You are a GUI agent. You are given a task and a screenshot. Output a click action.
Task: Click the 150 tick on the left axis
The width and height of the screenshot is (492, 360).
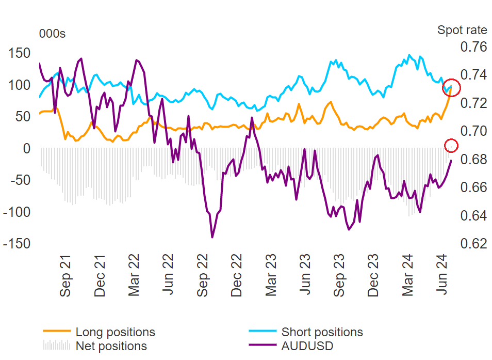pos(20,53)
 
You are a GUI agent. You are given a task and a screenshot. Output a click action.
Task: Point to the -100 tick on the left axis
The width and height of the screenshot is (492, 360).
pos(17,212)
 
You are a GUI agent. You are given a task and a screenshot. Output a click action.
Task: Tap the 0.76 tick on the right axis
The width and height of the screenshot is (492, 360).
pos(472,47)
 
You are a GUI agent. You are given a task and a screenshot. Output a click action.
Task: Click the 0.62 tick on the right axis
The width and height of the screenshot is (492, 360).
pos(472,243)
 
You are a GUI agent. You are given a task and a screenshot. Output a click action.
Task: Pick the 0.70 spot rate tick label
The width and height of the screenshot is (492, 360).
pos(472,131)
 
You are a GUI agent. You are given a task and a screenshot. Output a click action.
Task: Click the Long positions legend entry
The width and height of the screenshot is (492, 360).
pos(115,332)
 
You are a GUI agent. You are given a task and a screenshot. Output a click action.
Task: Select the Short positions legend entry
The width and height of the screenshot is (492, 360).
pos(322,332)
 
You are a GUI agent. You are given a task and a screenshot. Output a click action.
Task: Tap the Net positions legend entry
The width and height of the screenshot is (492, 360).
pos(111,346)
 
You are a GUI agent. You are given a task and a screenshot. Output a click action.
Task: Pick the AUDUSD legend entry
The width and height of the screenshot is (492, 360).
pos(307,346)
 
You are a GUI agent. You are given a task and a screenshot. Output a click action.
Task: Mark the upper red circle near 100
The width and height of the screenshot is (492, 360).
pos(451,88)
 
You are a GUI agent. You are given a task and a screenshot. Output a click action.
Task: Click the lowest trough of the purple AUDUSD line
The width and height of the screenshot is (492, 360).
pos(212,237)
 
